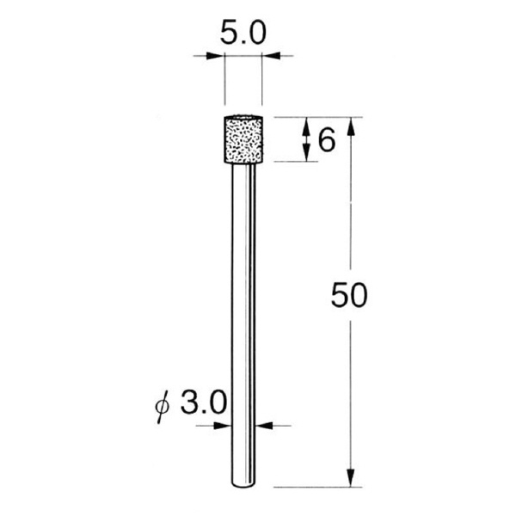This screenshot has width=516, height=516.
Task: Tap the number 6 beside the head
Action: point(326,139)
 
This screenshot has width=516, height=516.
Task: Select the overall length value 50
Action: point(349,297)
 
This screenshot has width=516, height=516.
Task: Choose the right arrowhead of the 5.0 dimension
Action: point(269,58)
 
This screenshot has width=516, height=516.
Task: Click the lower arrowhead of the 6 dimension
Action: point(306,154)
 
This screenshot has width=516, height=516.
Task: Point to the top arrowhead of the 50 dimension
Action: point(350,124)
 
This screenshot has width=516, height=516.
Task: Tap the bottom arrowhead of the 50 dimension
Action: point(350,478)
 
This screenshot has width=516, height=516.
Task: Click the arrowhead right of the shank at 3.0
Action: point(263,424)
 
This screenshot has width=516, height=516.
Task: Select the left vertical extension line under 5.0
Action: point(224,82)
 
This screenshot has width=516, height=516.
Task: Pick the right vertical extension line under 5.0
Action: point(261,82)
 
